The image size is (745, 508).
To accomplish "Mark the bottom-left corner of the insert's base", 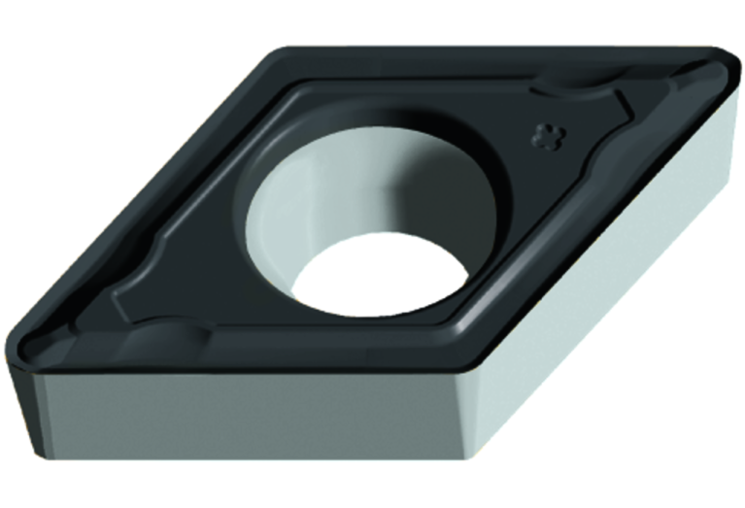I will click(44, 457).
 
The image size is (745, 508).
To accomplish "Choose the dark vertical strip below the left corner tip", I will click(27, 408).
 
